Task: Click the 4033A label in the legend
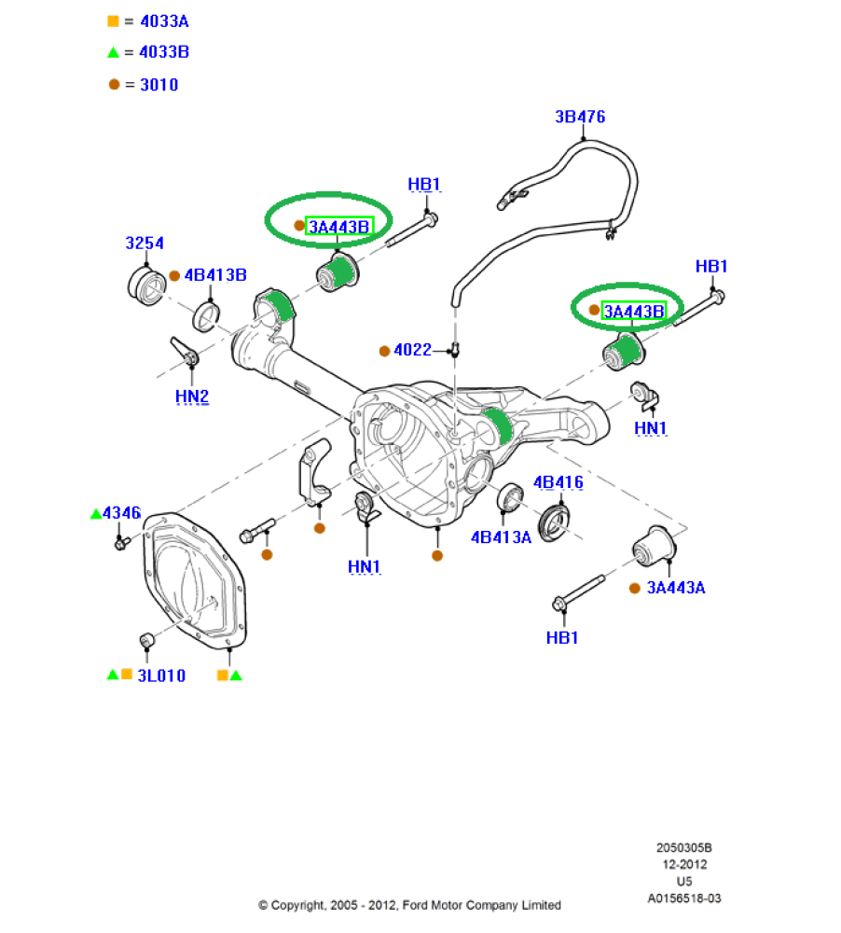(x=164, y=21)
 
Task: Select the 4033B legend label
(x=164, y=52)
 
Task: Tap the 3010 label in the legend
(x=159, y=85)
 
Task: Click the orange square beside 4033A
(x=113, y=21)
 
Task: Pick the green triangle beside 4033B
(x=113, y=53)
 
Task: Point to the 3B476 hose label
(x=580, y=117)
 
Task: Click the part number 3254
(x=145, y=243)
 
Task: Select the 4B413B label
(x=215, y=275)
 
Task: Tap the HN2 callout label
(x=192, y=397)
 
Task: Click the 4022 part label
(x=412, y=350)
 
